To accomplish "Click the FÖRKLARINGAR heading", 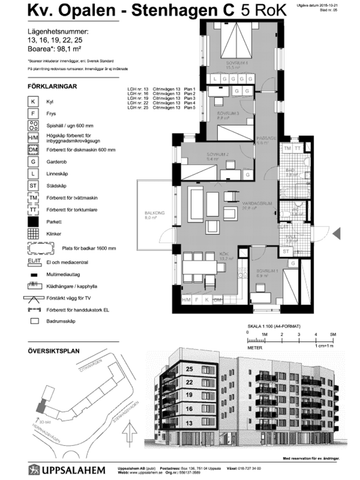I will click(x=45, y=88).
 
